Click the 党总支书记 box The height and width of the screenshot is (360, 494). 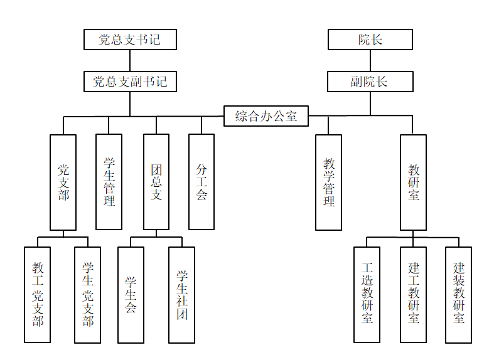click(130, 40)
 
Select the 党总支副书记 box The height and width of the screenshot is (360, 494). click(130, 82)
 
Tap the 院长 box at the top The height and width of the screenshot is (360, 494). click(370, 40)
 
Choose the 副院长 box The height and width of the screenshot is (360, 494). click(370, 82)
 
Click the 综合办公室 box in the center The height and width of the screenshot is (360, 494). click(266, 116)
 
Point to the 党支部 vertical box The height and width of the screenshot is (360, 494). click(63, 182)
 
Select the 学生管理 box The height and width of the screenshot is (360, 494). click(109, 182)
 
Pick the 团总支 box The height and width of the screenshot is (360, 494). click(156, 182)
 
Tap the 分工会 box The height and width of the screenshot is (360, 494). click(201, 182)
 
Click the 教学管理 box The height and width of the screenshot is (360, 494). click(329, 182)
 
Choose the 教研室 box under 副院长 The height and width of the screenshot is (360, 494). click(414, 182)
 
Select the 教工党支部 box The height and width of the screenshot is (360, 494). click(38, 295)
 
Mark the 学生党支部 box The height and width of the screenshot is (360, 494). click(88, 295)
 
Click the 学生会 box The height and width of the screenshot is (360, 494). click(131, 295)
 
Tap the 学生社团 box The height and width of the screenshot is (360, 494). click(182, 295)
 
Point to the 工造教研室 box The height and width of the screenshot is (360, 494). click(367, 295)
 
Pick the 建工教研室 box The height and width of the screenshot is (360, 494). click(414, 295)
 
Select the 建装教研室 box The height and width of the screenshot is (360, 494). click(459, 295)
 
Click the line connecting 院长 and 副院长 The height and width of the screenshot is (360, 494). click(370, 60)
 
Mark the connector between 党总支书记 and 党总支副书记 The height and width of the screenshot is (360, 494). click(130, 60)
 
